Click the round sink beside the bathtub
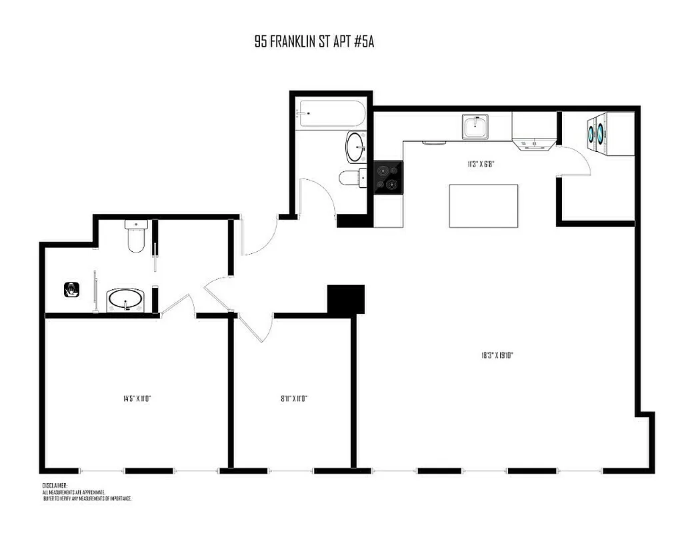355,146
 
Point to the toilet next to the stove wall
351,178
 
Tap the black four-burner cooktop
388,178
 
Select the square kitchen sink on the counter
476,126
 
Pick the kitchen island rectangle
484,206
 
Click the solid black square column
346,298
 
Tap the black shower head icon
72,289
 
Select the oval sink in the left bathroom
125,300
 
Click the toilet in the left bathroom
135,239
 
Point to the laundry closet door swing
577,163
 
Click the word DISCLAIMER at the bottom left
55,486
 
